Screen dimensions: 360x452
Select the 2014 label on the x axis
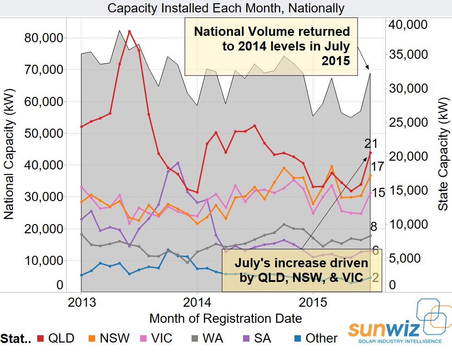tap(197, 303)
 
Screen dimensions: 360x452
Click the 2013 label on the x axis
tap(81, 303)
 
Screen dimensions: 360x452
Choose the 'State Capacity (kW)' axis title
tap(443, 154)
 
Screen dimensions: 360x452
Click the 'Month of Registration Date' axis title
tap(226, 318)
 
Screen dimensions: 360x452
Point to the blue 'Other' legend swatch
tap(298, 338)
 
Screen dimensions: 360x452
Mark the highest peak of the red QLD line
tap(130, 31)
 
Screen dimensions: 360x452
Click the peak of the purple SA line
tap(178, 163)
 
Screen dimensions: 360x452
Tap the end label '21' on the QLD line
tap(371, 144)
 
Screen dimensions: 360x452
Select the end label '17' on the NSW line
tap(377, 166)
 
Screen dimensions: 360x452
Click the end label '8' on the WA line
tap(373, 226)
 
